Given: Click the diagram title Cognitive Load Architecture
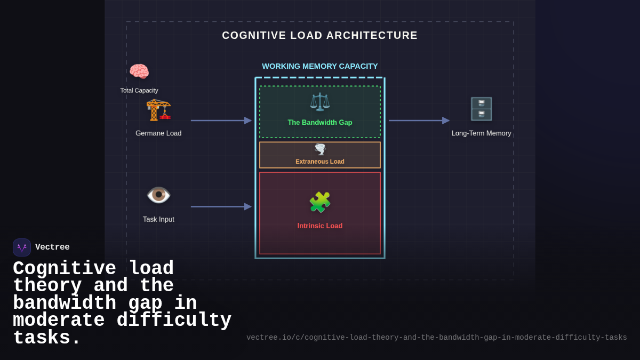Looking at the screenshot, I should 319,35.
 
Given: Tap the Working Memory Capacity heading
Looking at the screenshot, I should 319,66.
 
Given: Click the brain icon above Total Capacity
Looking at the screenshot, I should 139,71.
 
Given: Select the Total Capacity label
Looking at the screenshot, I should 139,91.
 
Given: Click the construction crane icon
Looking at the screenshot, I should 158,110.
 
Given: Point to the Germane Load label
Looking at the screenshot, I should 158,133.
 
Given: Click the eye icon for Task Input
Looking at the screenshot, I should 158,195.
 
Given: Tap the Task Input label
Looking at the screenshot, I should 158,219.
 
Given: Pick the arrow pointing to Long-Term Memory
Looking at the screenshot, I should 419,121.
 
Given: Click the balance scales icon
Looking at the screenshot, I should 319,102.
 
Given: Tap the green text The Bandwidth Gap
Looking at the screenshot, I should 319,123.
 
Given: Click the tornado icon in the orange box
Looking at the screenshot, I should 319,149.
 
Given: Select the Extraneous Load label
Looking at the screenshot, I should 319,162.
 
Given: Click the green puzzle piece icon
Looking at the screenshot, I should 319,202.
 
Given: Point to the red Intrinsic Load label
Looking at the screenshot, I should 319,226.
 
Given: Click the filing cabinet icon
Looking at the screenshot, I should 481,109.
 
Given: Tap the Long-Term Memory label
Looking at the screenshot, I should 481,133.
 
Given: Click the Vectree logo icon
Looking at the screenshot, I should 22,247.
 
